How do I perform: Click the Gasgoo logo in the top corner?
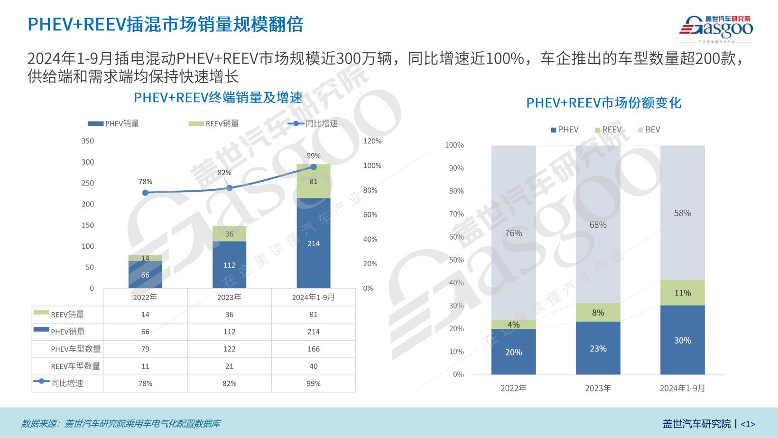716,28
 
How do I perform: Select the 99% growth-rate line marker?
314,167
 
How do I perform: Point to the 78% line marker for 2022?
145,193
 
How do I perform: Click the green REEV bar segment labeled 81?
314,181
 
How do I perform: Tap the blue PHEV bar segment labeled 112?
229,265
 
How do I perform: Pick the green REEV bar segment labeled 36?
229,234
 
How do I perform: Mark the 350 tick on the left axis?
88,141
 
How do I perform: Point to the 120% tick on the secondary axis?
372,141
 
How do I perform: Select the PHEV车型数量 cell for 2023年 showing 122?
229,349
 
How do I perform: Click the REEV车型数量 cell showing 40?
313,366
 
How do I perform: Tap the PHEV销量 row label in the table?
67,332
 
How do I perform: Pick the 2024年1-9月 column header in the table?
313,297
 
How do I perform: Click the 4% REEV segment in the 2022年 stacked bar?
513,325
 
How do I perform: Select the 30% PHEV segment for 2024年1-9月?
682,340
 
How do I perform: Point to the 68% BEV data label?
598,224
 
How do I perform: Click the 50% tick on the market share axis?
456,260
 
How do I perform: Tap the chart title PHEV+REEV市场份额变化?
603,103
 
